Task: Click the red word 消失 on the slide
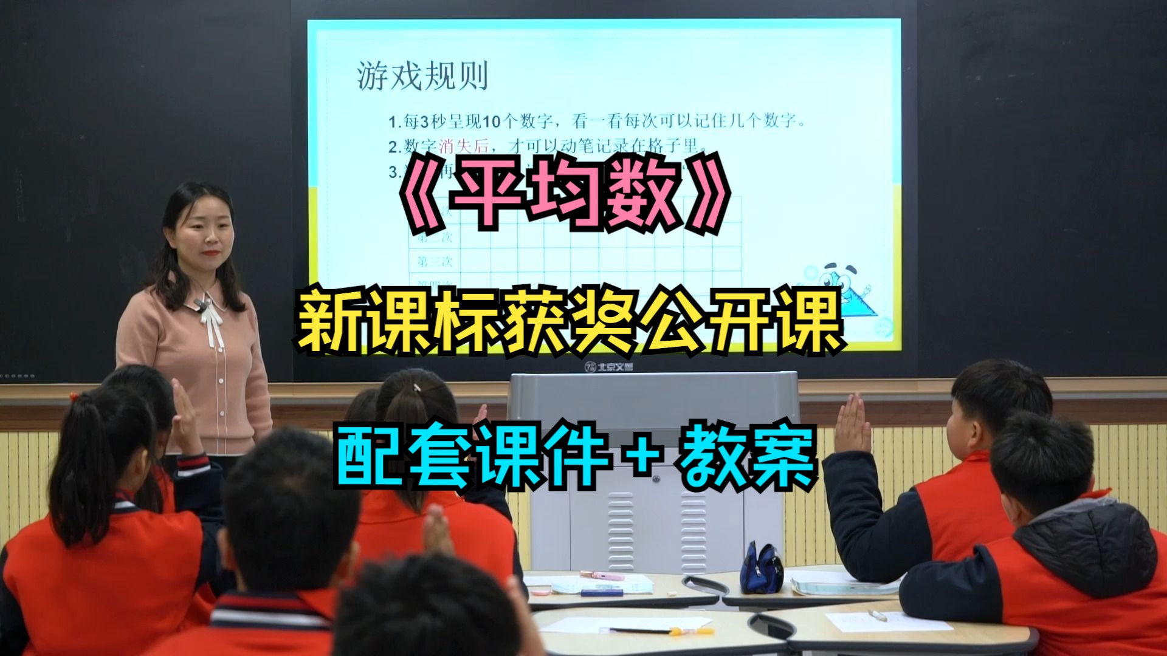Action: click(455, 146)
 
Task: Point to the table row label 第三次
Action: click(435, 262)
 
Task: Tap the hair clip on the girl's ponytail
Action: click(418, 388)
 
